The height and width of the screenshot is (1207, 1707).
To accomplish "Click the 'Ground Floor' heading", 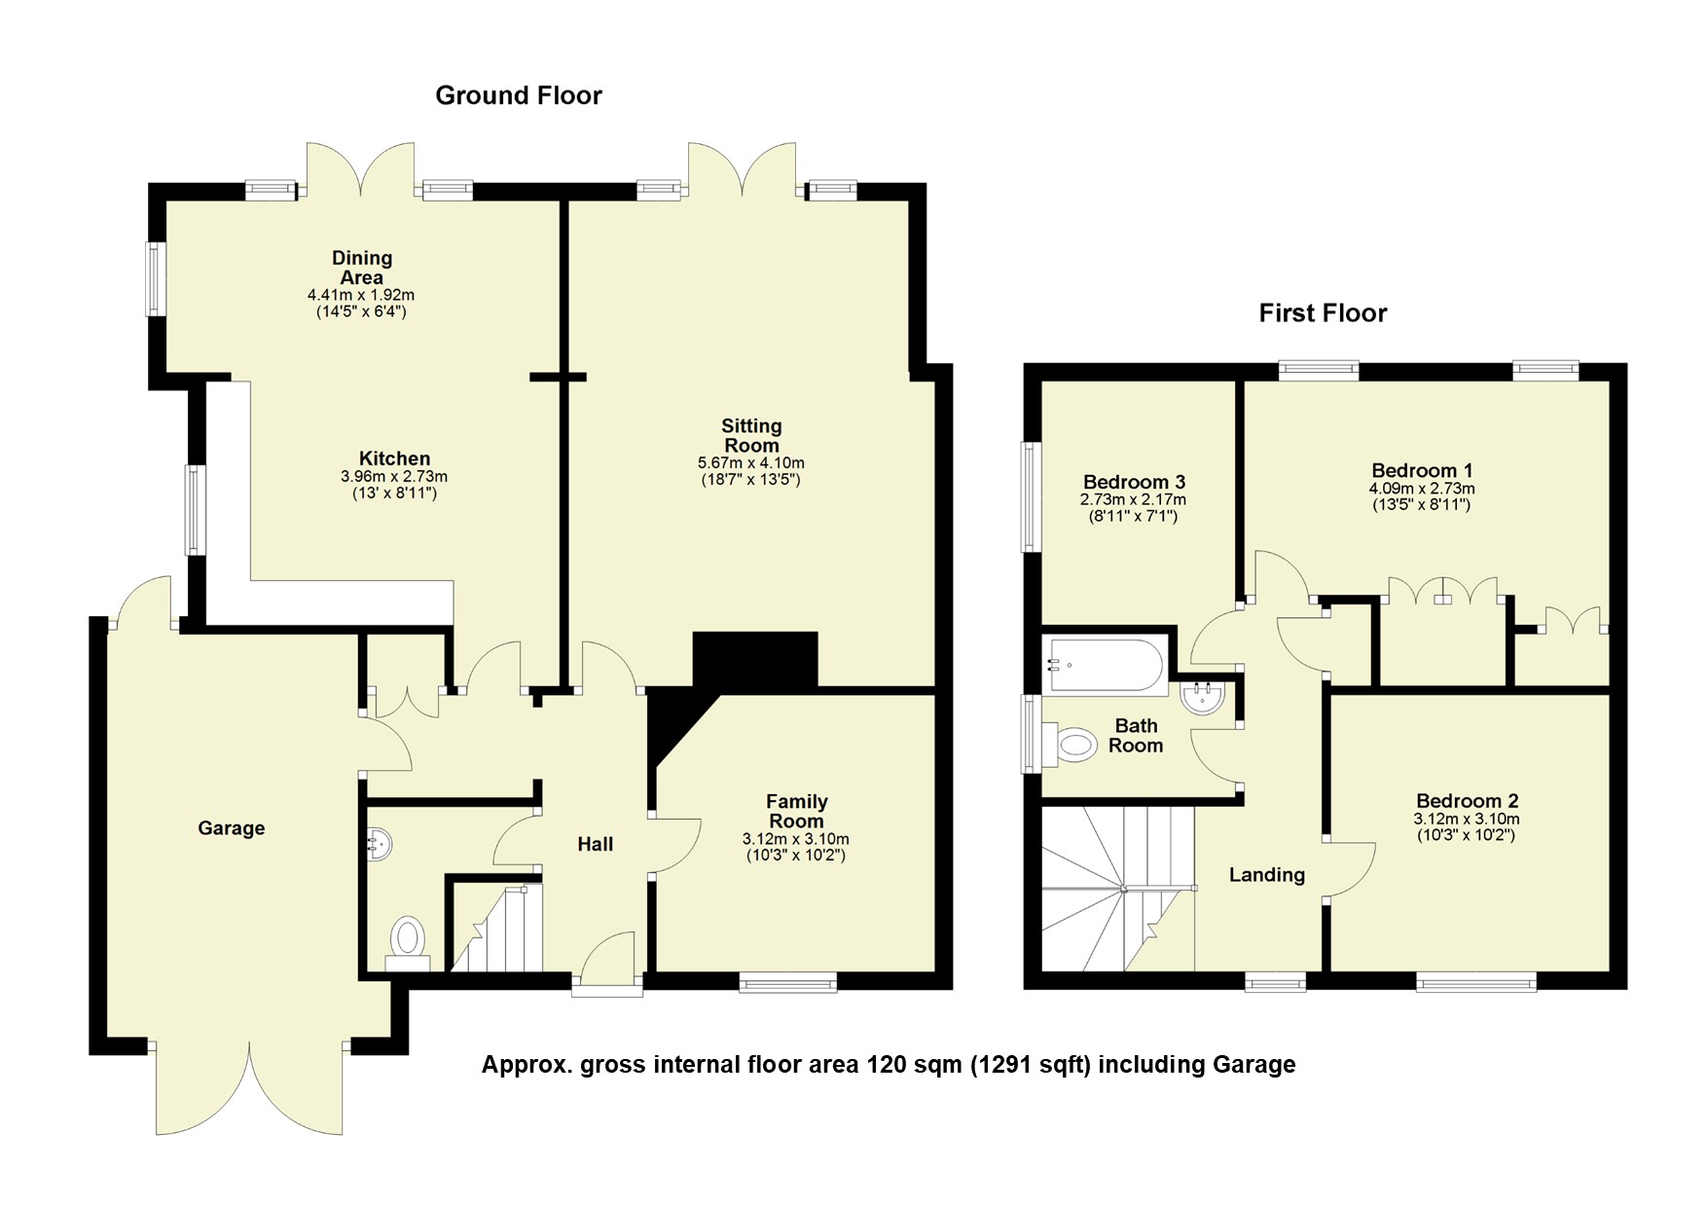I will tap(518, 95).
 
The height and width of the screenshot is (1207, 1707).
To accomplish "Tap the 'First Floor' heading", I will tap(1323, 313).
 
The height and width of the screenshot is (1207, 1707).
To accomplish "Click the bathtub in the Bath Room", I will tap(1105, 666).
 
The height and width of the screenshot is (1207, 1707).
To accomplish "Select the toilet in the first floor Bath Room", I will tap(1073, 746).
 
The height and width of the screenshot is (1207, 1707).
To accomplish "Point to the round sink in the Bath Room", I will tap(1202, 697).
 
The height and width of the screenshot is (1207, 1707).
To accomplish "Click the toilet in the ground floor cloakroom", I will tap(409, 941).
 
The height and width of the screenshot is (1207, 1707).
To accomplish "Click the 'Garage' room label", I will tap(231, 828).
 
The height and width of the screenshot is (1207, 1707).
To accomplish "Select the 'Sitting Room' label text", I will tap(751, 435).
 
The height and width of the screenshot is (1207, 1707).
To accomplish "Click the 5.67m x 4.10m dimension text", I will tap(751, 463).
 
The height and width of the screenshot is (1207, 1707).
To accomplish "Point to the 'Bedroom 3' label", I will tap(1134, 482).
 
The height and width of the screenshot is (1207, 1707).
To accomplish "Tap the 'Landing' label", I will tap(1266, 875).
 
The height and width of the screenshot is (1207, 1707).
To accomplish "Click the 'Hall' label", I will tap(595, 845).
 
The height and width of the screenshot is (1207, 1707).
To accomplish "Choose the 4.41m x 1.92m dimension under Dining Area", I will tap(361, 295).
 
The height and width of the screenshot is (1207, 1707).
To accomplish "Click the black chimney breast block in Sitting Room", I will tap(754, 660).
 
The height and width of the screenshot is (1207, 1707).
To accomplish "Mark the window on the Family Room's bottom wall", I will tap(787, 984).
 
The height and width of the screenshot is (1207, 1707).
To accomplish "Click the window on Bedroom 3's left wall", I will tap(1030, 497).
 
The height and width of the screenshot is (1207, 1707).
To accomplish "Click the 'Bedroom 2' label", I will tap(1467, 802).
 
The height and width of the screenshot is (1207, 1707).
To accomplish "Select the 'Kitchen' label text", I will tap(394, 458).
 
